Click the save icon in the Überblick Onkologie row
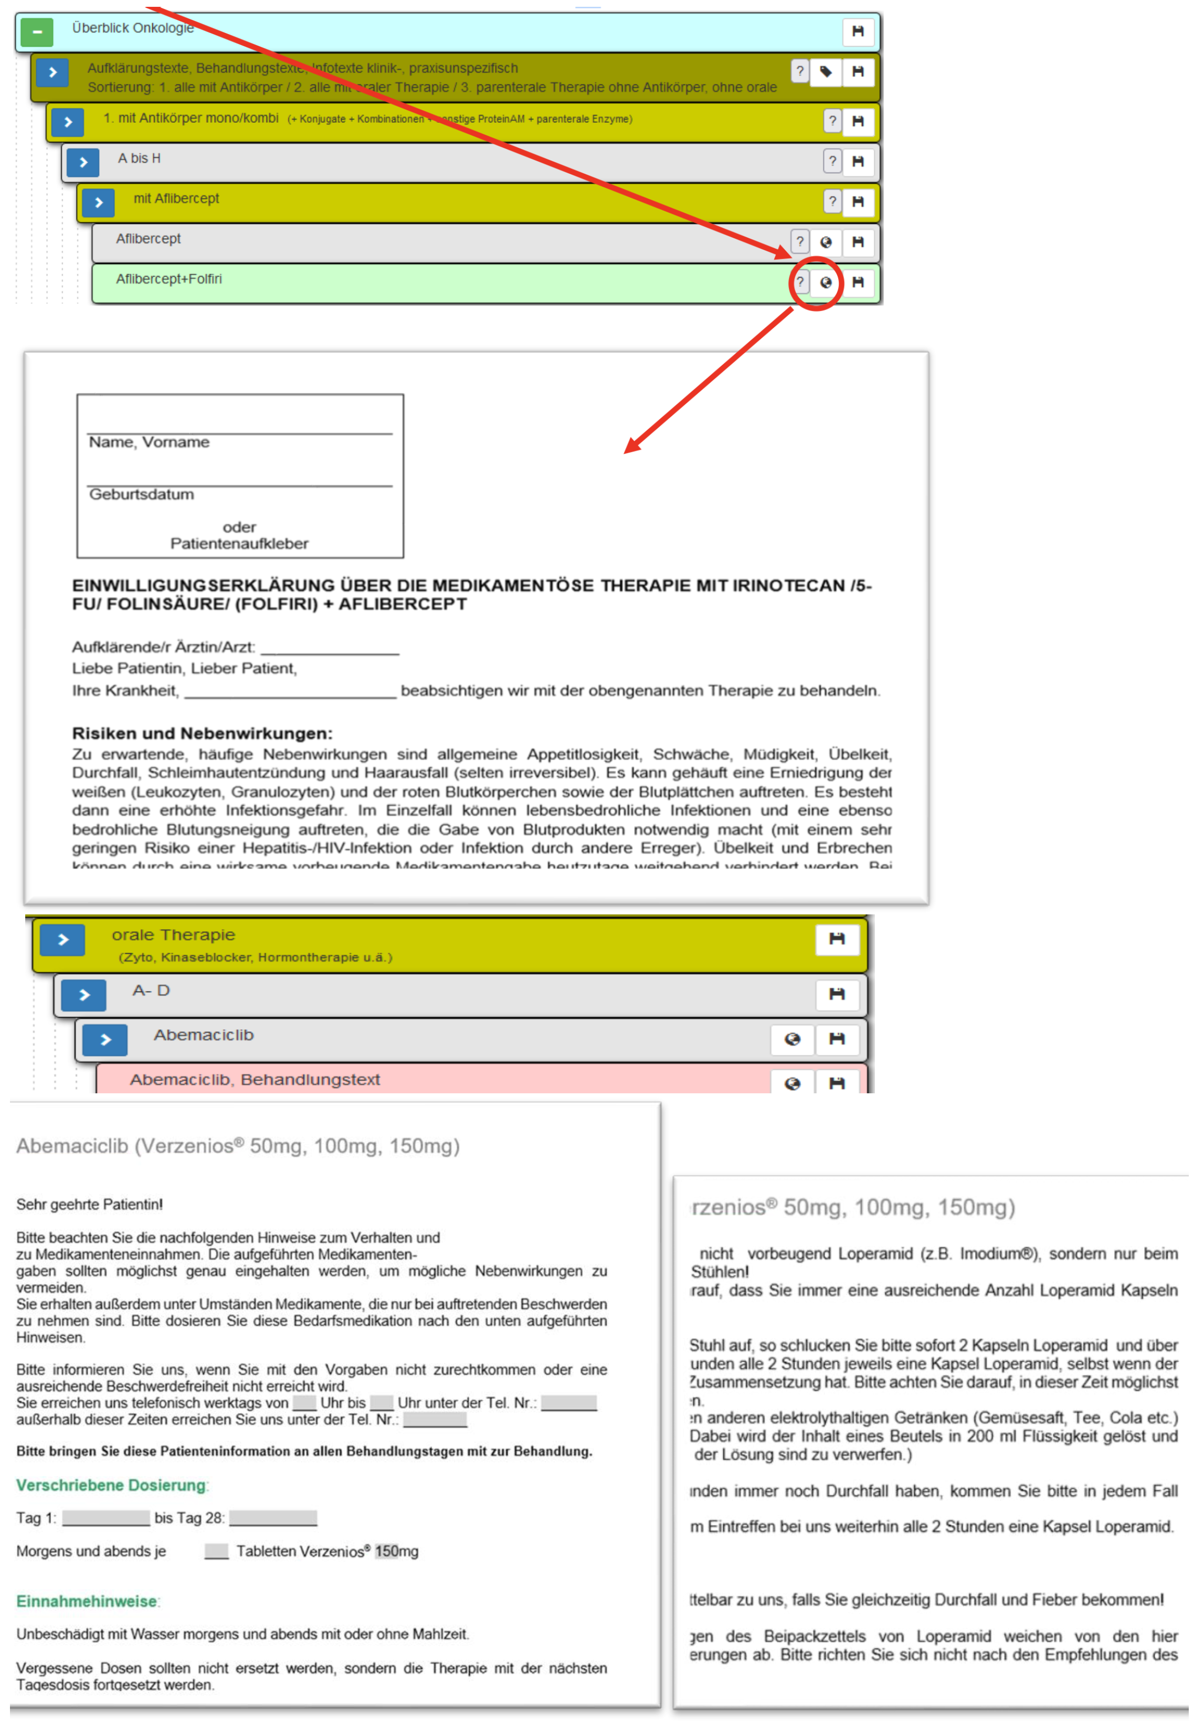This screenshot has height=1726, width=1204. [857, 31]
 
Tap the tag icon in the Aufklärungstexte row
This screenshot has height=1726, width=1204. [825, 72]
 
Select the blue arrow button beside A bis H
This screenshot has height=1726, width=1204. [83, 163]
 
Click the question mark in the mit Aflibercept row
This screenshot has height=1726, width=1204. [832, 201]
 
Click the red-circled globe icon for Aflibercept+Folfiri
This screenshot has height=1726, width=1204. [825, 283]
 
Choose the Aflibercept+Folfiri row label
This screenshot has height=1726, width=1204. [168, 279]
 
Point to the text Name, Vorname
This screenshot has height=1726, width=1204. [149, 442]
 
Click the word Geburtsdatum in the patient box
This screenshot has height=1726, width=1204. [141, 494]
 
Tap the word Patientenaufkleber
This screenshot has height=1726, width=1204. [239, 544]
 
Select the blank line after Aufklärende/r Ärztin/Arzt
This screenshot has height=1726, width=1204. [330, 649]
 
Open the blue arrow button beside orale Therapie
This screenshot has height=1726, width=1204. [62, 940]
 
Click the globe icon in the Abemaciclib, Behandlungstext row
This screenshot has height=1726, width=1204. [792, 1083]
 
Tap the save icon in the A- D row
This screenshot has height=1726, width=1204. [836, 994]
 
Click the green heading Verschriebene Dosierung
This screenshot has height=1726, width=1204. [111, 1485]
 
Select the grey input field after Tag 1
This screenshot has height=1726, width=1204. [106, 1518]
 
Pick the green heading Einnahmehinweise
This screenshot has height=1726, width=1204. [87, 1601]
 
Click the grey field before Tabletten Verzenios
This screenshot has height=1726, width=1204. [216, 1551]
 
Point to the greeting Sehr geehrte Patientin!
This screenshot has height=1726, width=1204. [90, 1205]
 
